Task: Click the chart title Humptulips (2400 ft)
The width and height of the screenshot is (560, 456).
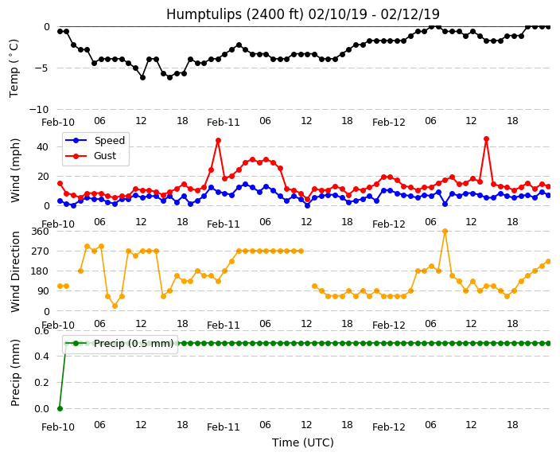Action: click(235, 14)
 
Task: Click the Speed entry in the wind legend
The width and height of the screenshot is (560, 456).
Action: click(95, 140)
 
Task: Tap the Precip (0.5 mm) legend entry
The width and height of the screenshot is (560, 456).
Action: click(119, 344)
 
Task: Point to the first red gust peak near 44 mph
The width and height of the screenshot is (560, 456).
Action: click(218, 140)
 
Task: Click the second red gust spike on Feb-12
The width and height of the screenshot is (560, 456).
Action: click(486, 138)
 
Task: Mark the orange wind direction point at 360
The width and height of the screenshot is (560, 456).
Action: click(445, 232)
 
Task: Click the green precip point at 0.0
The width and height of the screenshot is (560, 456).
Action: click(60, 408)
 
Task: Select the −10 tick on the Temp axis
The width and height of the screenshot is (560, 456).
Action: click(39, 109)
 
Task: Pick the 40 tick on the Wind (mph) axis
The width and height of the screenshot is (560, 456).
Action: click(42, 147)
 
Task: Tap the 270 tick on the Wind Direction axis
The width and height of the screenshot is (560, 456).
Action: click(40, 251)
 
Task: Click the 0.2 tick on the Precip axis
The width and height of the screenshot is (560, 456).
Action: click(42, 382)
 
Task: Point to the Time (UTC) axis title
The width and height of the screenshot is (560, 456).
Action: click(303, 442)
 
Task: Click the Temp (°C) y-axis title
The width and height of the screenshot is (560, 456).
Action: click(14, 68)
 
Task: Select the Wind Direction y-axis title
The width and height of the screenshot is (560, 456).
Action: click(15, 271)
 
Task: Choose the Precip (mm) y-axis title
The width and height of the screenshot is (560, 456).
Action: click(15, 372)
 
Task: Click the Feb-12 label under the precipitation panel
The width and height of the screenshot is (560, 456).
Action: click(388, 427)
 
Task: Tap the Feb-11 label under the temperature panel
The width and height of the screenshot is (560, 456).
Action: click(224, 123)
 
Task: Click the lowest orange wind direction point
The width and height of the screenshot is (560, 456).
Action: click(115, 306)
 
